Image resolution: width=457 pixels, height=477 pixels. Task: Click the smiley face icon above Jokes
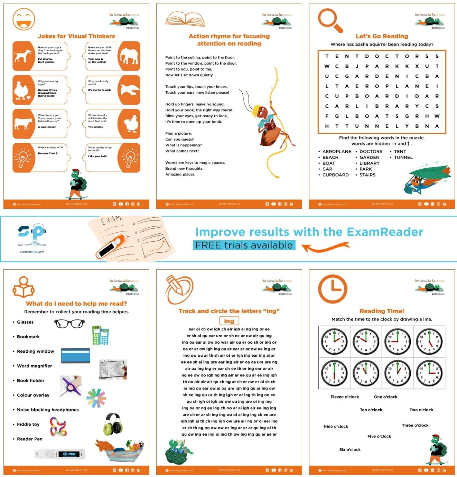click(24, 19)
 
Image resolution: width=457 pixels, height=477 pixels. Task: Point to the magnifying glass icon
click(330, 20)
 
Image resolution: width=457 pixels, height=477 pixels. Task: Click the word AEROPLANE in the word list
click(336, 151)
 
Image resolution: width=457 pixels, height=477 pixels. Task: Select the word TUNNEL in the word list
click(403, 157)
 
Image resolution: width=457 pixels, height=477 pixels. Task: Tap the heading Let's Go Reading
click(382, 36)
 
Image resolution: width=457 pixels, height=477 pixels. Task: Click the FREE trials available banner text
click(244, 245)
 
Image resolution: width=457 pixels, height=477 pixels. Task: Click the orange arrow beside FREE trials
click(325, 247)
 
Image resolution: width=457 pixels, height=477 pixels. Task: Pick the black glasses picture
click(69, 324)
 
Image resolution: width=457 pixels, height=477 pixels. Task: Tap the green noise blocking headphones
click(113, 424)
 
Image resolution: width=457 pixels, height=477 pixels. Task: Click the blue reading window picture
click(75, 356)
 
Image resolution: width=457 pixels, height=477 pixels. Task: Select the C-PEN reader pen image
click(60, 454)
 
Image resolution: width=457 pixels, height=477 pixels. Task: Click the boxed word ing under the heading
click(229, 321)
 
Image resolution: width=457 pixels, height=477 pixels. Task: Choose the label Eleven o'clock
click(344, 397)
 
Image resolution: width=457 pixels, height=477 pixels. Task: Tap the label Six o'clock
click(349, 450)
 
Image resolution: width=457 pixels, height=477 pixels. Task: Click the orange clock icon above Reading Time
click(332, 289)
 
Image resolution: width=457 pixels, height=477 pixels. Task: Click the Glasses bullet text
click(25, 322)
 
